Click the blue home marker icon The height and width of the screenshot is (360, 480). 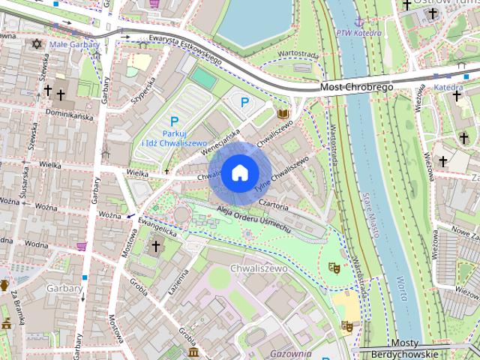239,173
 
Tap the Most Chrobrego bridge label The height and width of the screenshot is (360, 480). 356,87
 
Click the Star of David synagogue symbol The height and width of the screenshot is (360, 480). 36,44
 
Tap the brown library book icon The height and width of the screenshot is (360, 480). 283,114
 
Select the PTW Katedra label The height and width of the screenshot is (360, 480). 355,33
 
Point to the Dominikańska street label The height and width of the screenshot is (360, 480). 69,115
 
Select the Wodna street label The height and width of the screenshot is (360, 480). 36,244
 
